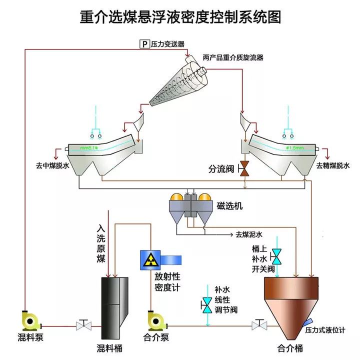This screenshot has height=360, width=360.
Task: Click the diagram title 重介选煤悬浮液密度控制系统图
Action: click(180, 17)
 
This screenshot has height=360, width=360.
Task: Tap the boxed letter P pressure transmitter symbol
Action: click(144, 44)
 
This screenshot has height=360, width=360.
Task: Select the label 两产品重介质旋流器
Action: click(233, 57)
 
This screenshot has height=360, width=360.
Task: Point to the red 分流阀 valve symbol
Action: click(245, 168)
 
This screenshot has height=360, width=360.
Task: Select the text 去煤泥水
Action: click(248, 234)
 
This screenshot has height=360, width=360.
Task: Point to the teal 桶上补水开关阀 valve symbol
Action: click(275, 257)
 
